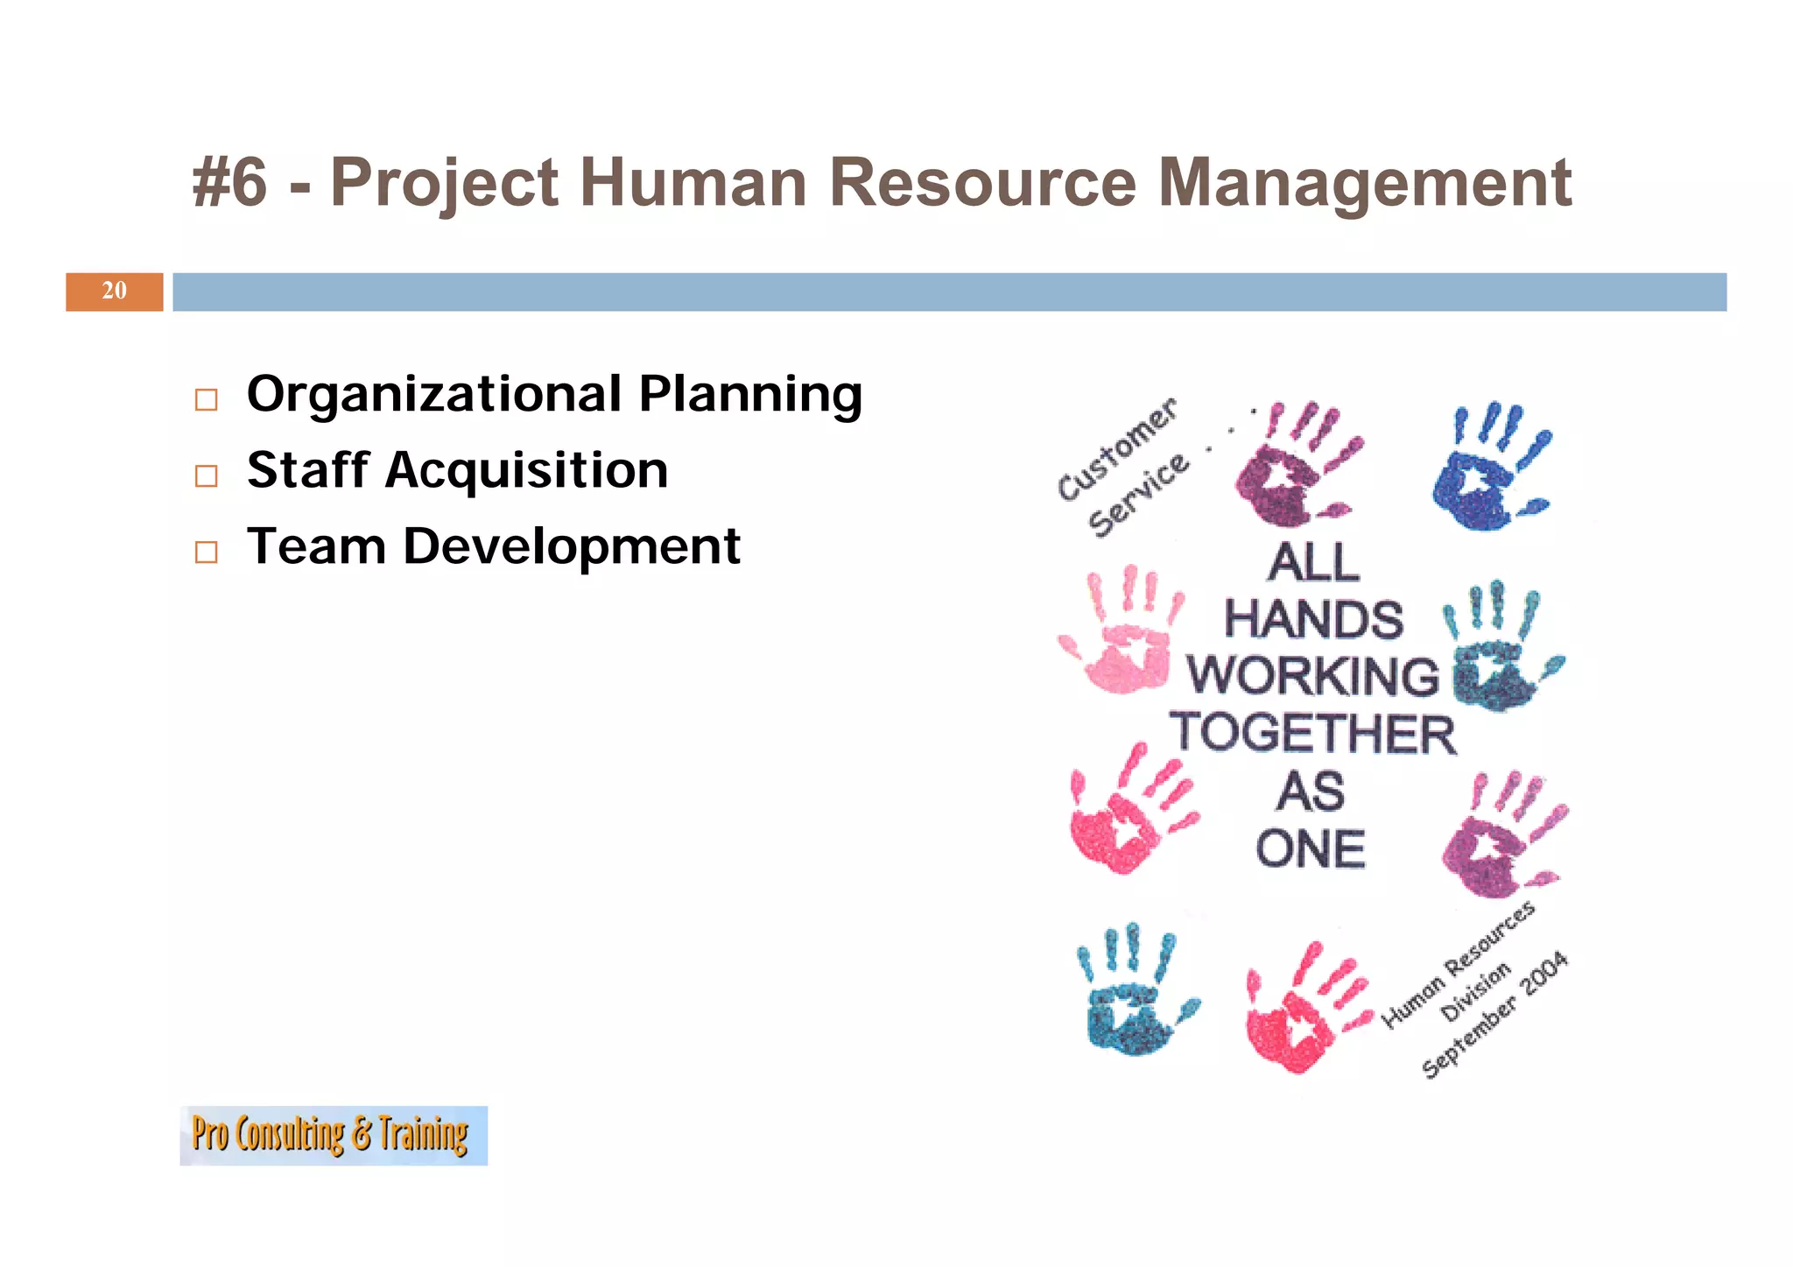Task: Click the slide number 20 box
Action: (114, 292)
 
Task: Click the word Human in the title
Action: (693, 183)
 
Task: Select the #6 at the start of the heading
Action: (229, 183)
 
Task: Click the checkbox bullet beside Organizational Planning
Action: (206, 400)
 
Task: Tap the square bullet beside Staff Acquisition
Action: (206, 476)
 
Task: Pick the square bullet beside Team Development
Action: (206, 553)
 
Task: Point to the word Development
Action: (571, 547)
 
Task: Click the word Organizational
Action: (434, 394)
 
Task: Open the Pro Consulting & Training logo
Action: (333, 1135)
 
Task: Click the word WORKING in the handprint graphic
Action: (1312, 677)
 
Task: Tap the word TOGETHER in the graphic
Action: (1312, 734)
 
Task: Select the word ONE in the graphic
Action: (1311, 849)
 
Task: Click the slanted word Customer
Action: (1117, 448)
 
